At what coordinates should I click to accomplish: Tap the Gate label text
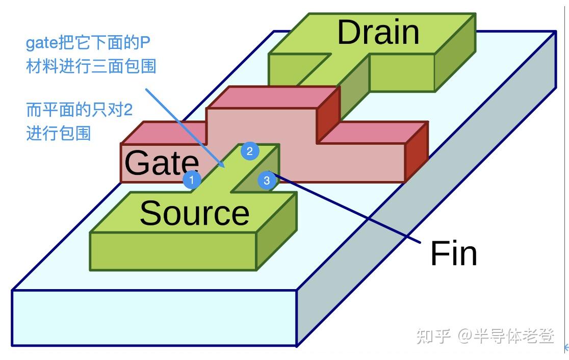(161, 163)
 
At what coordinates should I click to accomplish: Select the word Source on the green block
(194, 213)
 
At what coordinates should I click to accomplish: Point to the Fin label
(453, 253)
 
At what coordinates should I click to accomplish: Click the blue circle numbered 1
(192, 179)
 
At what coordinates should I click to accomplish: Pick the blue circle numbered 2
(250, 151)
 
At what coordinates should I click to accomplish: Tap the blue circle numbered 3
(267, 181)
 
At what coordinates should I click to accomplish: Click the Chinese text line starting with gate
(88, 43)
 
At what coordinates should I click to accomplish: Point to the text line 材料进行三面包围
(91, 66)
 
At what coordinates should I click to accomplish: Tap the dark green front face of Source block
(173, 251)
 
